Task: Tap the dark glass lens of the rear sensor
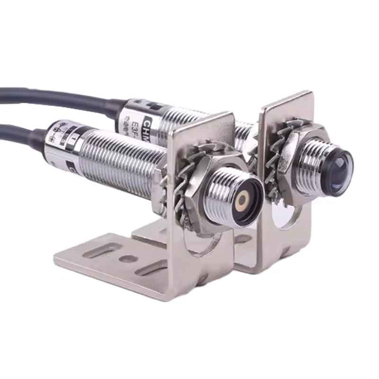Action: [x=338, y=166]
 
